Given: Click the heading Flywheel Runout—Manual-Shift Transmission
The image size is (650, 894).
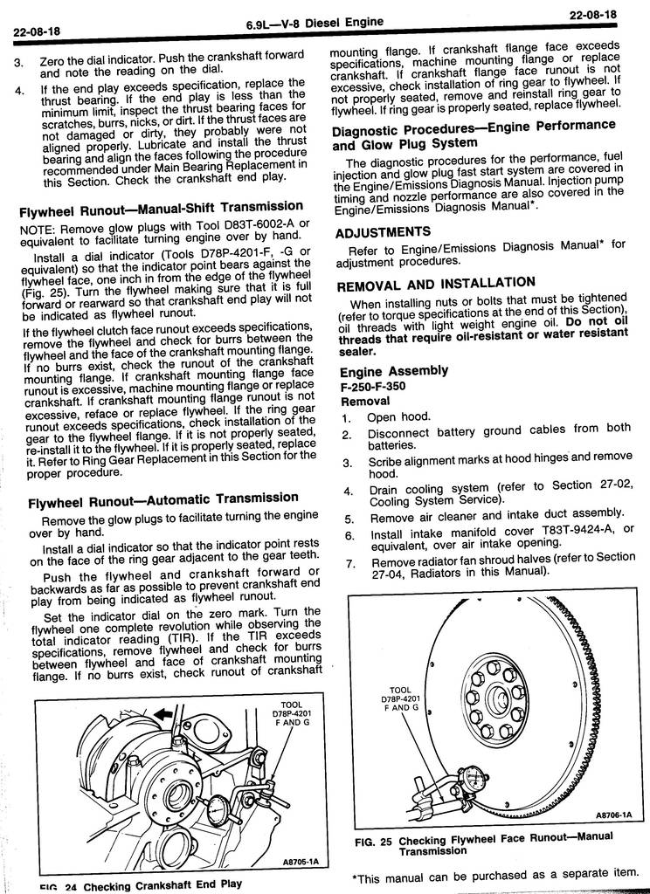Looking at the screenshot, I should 162,209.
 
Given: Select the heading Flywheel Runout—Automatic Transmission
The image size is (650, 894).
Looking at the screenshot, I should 162,500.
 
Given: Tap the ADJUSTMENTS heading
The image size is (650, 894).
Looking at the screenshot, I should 383,231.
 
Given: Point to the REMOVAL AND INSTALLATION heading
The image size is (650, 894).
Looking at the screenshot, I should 436,283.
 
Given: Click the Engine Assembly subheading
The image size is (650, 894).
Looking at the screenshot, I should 393,370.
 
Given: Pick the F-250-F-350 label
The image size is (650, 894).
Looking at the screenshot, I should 372,386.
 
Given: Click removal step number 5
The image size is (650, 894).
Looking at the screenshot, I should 348,519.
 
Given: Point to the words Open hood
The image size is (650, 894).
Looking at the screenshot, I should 398,417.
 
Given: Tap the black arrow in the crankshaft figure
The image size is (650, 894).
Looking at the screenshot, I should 163,715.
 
